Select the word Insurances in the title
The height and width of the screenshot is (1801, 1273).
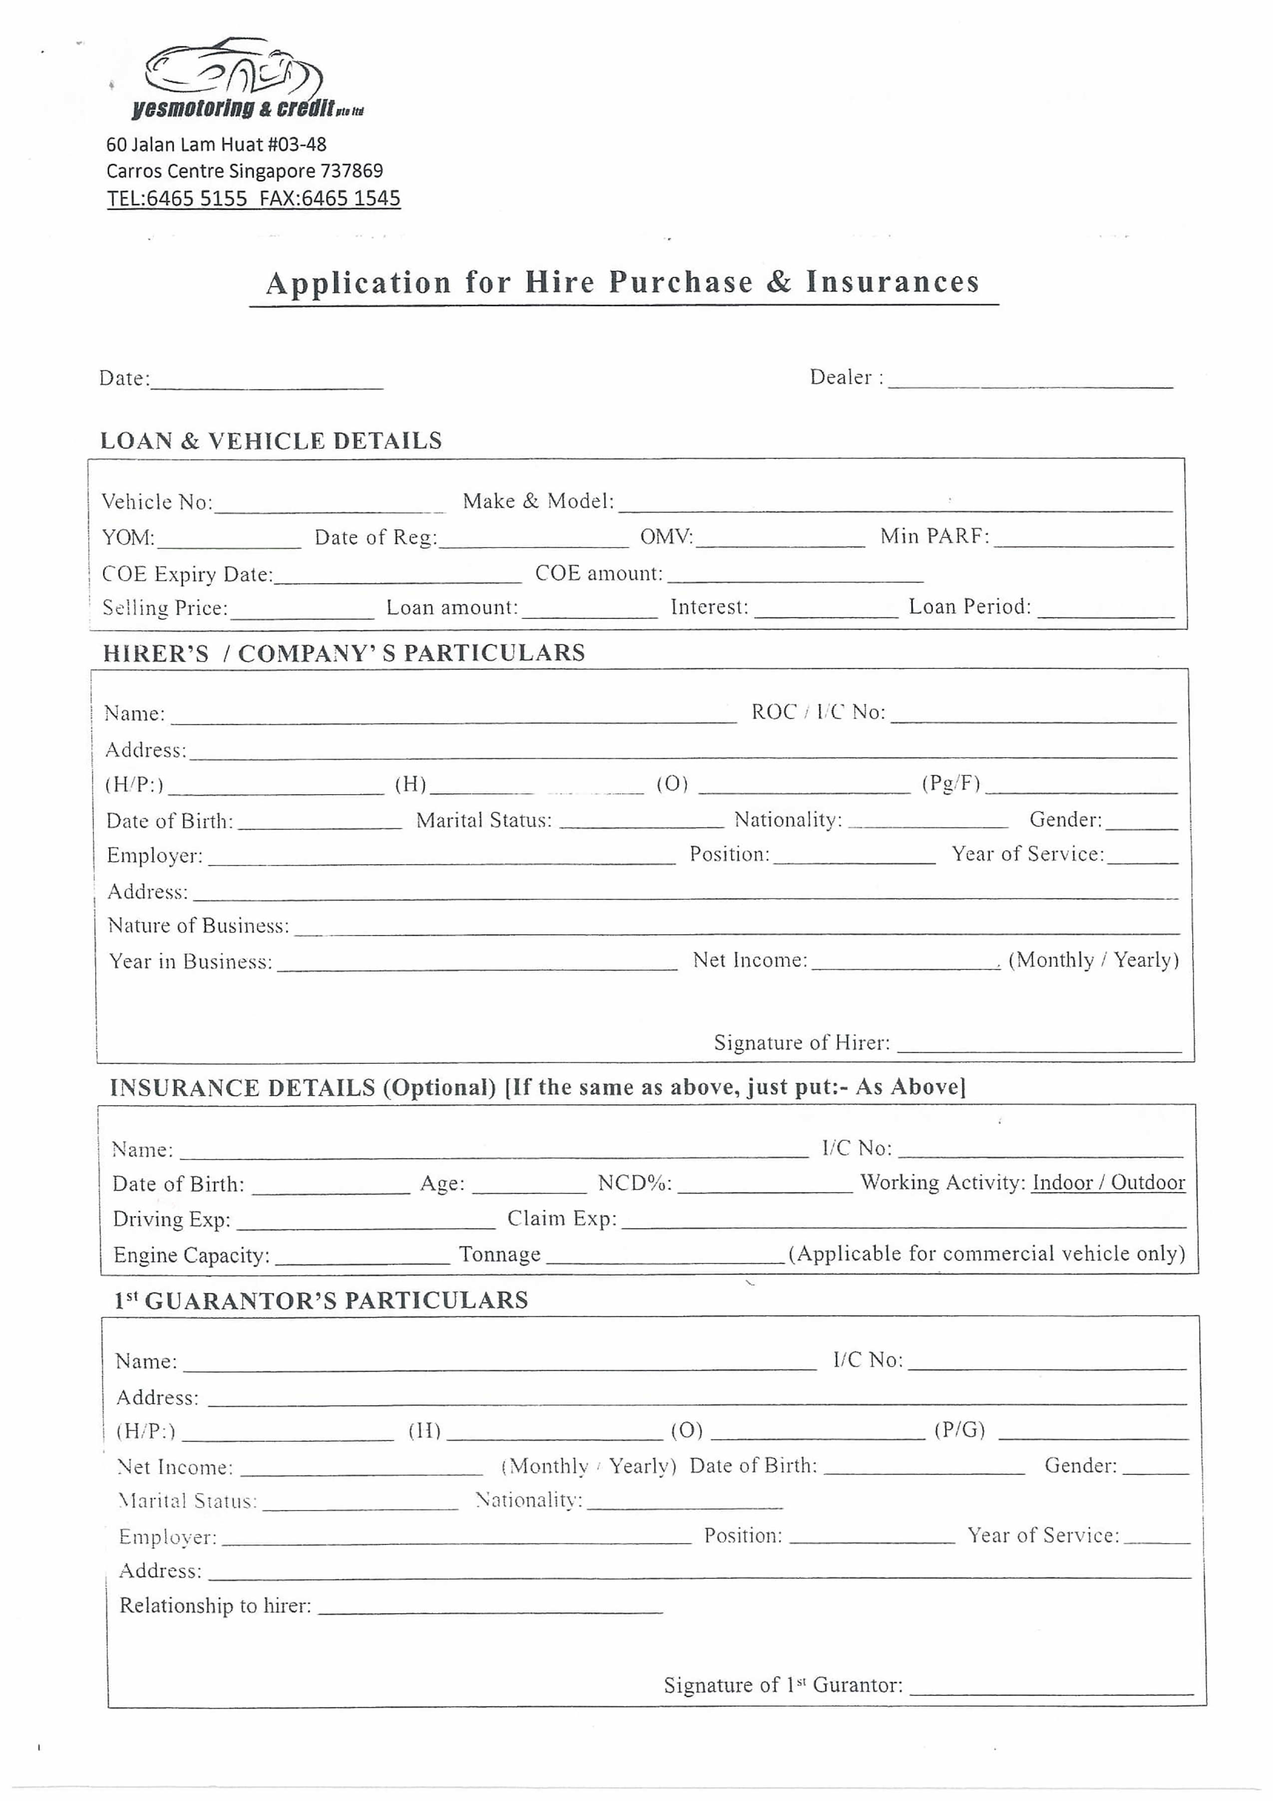893,283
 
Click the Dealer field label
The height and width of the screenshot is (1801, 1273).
846,377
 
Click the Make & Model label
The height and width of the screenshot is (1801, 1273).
538,501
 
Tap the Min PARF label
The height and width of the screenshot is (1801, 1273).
934,537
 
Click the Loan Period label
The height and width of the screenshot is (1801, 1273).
969,606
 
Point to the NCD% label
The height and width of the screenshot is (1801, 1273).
635,1183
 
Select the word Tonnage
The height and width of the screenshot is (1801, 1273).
500,1254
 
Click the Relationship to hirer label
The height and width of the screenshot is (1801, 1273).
215,1606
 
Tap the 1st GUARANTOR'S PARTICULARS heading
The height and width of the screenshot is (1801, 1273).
321,1300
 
